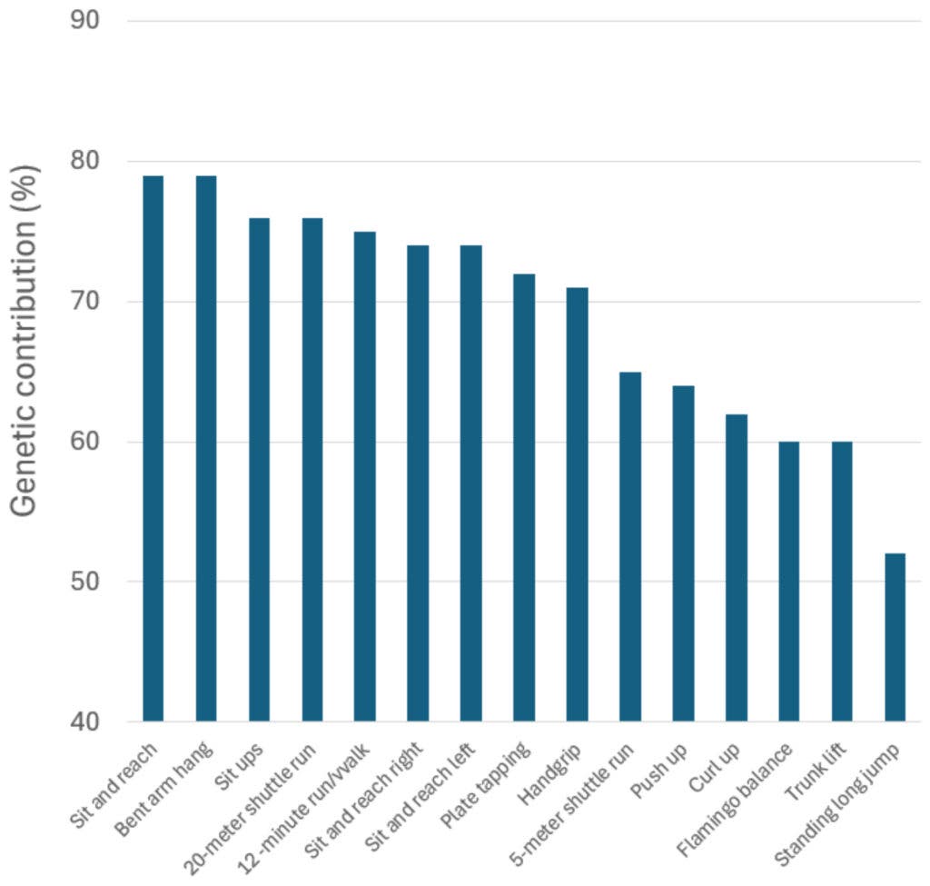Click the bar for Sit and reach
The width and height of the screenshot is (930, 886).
click(153, 449)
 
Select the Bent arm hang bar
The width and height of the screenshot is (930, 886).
click(206, 449)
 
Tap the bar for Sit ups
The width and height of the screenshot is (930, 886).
click(259, 470)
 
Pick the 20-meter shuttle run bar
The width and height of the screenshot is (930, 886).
click(312, 470)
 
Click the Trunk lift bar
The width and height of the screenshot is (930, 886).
click(842, 582)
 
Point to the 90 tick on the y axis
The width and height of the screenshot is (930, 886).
click(84, 19)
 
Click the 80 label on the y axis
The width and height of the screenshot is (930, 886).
click(84, 161)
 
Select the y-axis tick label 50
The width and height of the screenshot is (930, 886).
click(84, 582)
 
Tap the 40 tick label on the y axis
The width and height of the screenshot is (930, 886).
click(84, 722)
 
